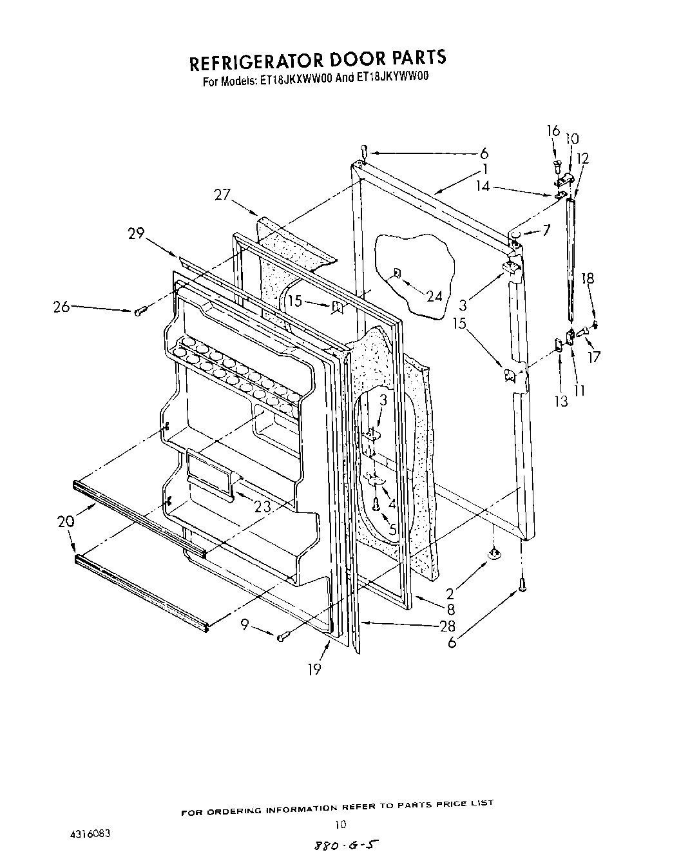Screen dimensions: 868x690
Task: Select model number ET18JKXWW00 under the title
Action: pyautogui.click(x=296, y=81)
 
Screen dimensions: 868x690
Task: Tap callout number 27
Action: pyautogui.click(x=222, y=194)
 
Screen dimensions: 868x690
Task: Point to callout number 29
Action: pyautogui.click(x=136, y=233)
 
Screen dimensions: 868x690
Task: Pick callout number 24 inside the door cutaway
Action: pyautogui.click(x=434, y=296)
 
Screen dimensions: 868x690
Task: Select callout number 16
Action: pyautogui.click(x=553, y=131)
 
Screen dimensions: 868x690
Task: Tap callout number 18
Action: pyautogui.click(x=587, y=278)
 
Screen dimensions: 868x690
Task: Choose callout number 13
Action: pyautogui.click(x=561, y=401)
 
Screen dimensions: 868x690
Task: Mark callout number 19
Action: pyautogui.click(x=314, y=670)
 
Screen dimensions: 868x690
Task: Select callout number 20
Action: pyautogui.click(x=67, y=522)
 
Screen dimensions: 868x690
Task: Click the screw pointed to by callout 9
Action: pyautogui.click(x=282, y=638)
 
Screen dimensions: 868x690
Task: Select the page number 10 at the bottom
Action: pyautogui.click(x=341, y=824)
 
